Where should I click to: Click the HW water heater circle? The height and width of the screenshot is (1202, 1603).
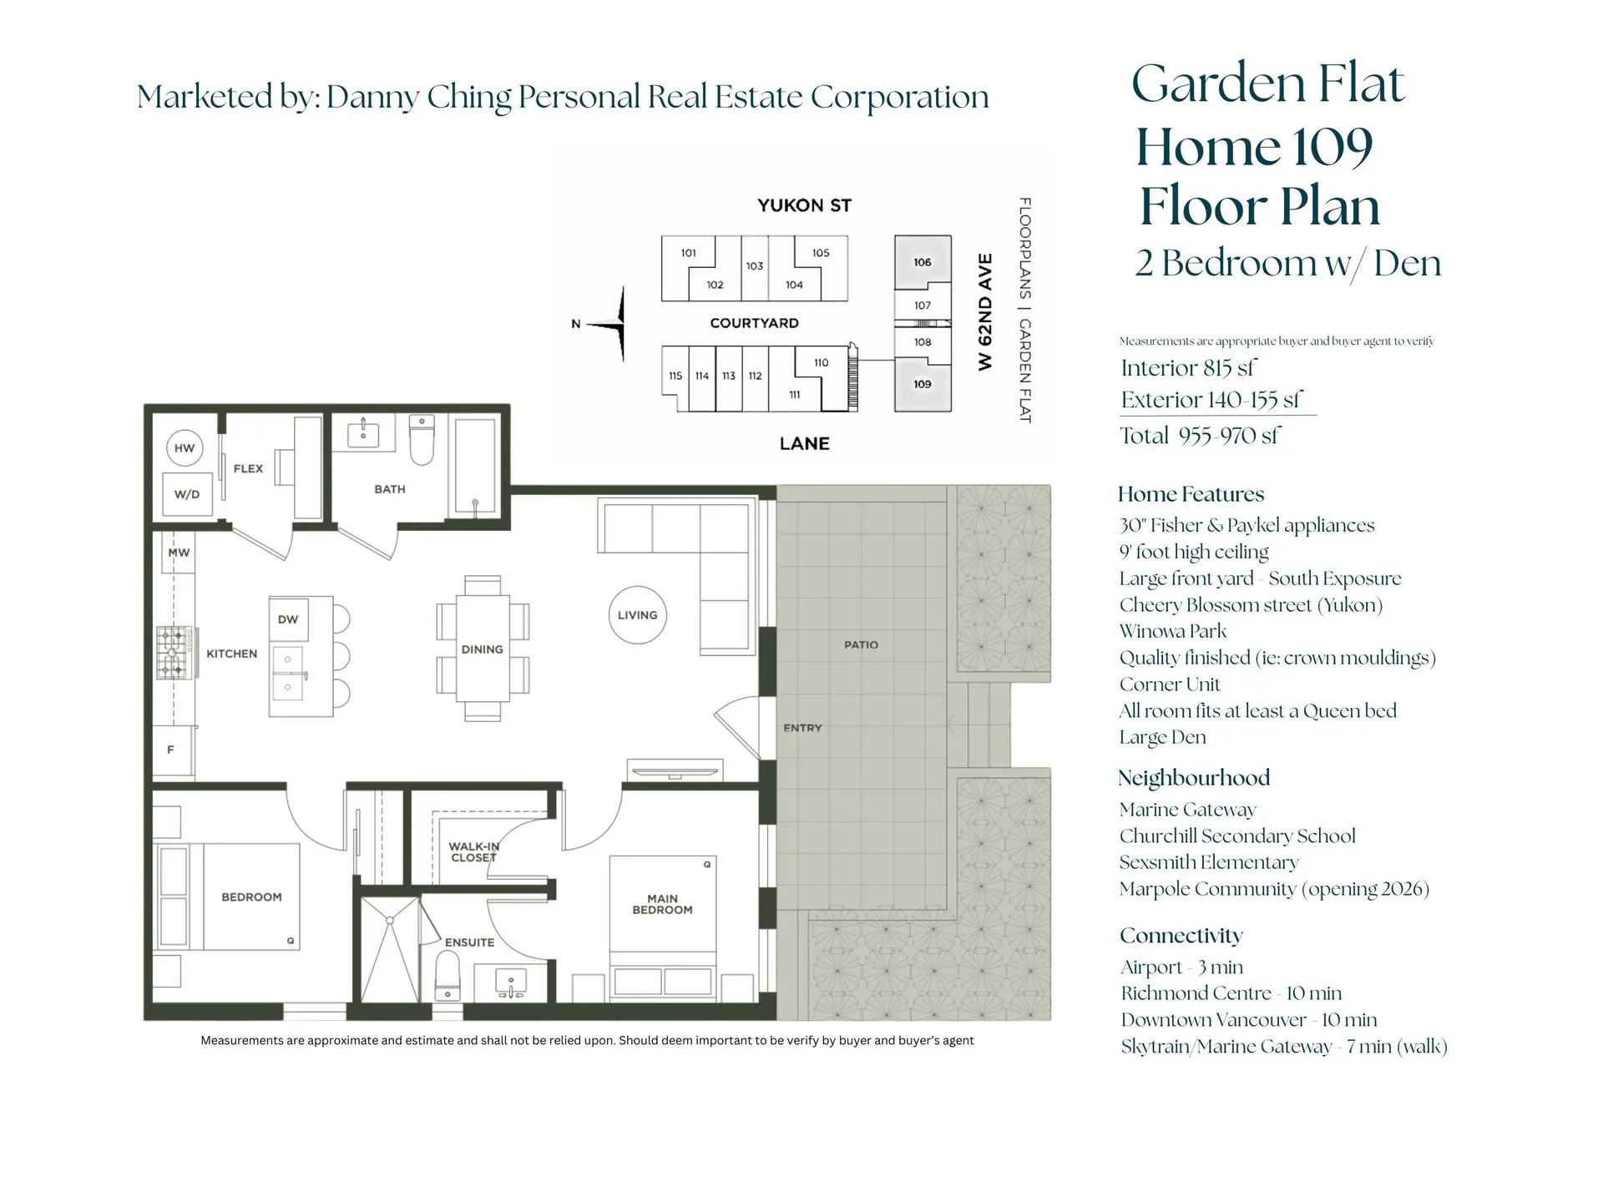click(x=185, y=448)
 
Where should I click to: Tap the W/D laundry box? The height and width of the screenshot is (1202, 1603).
click(x=187, y=494)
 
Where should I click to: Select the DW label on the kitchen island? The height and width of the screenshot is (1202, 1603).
click(x=288, y=619)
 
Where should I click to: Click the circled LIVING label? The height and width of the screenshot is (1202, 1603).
click(x=638, y=615)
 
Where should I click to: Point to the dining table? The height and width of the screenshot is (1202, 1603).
click(x=483, y=649)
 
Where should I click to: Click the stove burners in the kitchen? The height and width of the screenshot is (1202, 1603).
click(x=173, y=653)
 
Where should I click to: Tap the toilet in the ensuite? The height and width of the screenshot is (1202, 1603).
click(x=448, y=977)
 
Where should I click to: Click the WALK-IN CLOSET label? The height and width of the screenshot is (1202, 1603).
click(x=473, y=851)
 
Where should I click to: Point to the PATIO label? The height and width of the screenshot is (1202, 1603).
click(x=861, y=645)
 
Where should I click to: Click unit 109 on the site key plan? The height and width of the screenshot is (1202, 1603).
click(x=923, y=384)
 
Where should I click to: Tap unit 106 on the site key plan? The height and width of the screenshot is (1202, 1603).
click(x=923, y=262)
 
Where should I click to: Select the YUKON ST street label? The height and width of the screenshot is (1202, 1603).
click(x=804, y=205)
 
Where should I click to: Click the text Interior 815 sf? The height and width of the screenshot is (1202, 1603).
click(x=1188, y=368)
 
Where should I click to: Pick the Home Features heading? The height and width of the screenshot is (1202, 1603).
click(x=1191, y=494)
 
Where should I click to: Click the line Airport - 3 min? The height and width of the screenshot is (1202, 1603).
click(x=1181, y=967)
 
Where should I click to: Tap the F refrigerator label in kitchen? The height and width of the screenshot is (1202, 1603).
click(x=171, y=750)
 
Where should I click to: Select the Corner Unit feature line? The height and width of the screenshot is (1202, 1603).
click(x=1170, y=684)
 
